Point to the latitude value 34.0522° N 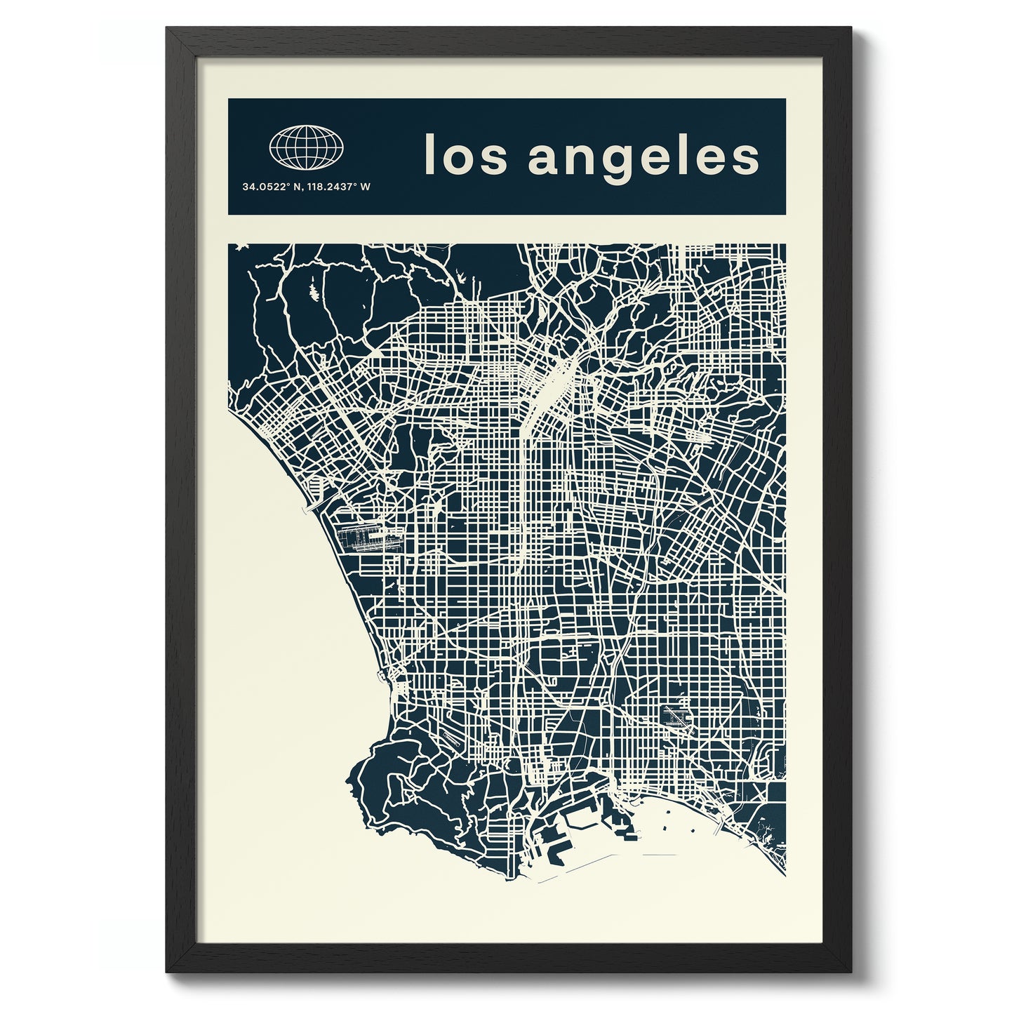[x=267, y=187]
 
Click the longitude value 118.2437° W [x=328, y=187]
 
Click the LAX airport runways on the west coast [x=361, y=540]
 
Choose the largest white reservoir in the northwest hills [x=312, y=290]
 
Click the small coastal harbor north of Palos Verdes [x=382, y=677]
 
